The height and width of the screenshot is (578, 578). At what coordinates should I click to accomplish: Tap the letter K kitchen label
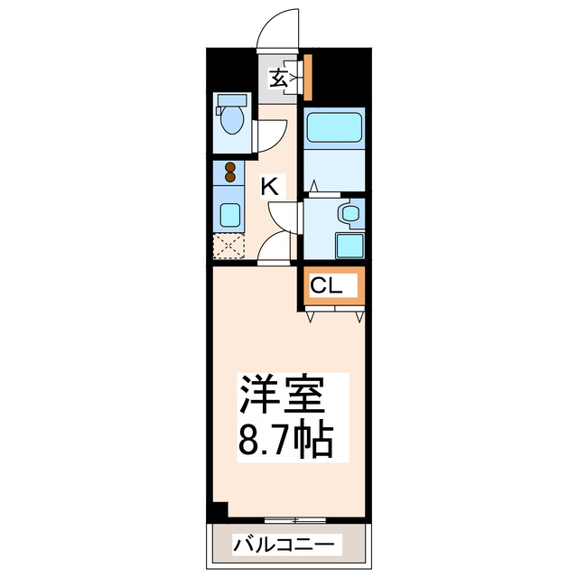pyautogui.click(x=269, y=187)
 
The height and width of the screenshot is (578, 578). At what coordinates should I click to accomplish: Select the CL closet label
pyautogui.click(x=326, y=286)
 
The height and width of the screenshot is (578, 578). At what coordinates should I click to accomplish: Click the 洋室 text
pyautogui.click(x=280, y=394)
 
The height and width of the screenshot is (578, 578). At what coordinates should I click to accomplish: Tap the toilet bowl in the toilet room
pyautogui.click(x=232, y=120)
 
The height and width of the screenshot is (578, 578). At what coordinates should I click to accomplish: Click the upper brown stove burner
pyautogui.click(x=229, y=167)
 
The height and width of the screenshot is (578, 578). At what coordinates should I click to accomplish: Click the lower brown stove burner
pyautogui.click(x=229, y=179)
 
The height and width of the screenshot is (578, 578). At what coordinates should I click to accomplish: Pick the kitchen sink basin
pyautogui.click(x=230, y=215)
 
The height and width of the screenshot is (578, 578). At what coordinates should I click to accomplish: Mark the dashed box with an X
pyautogui.click(x=229, y=246)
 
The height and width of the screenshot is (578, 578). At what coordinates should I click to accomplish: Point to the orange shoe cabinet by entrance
pyautogui.click(x=307, y=78)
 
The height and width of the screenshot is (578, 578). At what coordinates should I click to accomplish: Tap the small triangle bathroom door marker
pyautogui.click(x=314, y=186)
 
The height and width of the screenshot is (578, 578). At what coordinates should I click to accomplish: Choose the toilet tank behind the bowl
pyautogui.click(x=231, y=100)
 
